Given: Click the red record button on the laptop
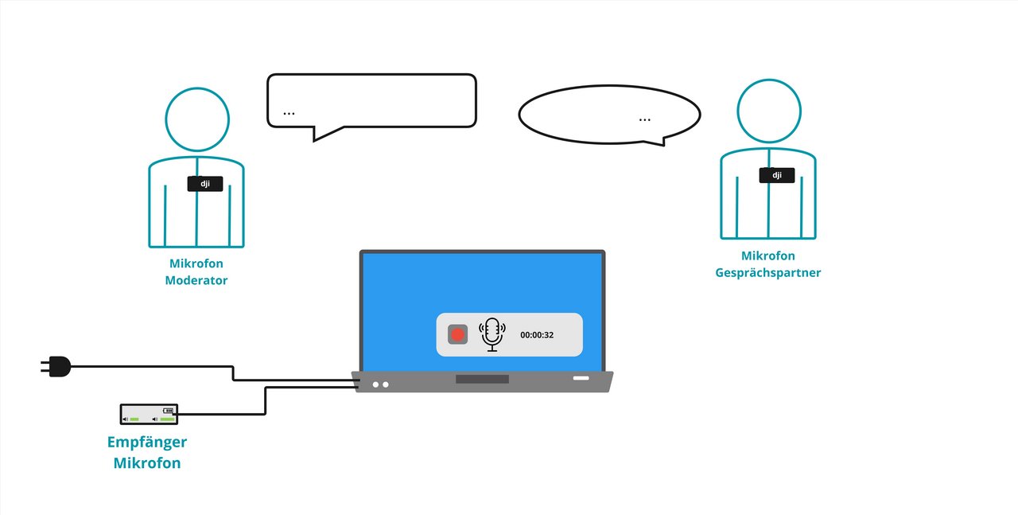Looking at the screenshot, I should click(x=457, y=334).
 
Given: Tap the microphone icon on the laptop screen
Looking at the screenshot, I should click(x=492, y=334).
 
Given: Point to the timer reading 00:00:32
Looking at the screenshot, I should click(x=537, y=335).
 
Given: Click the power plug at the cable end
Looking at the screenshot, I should click(x=56, y=366).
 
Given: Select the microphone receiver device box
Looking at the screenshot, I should click(x=149, y=414).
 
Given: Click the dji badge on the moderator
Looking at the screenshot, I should click(x=204, y=184).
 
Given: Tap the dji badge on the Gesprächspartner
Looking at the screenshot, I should click(x=776, y=175).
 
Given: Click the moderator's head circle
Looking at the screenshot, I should click(x=197, y=119).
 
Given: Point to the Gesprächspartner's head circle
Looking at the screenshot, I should click(x=768, y=111).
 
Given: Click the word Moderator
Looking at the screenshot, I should click(x=196, y=280).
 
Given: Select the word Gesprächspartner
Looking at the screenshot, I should click(x=768, y=272).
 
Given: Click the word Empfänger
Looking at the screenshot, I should click(x=147, y=443).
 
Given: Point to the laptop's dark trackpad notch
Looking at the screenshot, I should click(x=482, y=379).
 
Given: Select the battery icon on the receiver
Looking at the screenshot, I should click(x=168, y=411).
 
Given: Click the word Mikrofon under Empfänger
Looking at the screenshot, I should click(x=147, y=463).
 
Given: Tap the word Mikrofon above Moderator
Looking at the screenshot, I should click(x=196, y=263).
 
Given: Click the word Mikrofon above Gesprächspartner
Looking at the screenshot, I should click(x=768, y=256).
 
